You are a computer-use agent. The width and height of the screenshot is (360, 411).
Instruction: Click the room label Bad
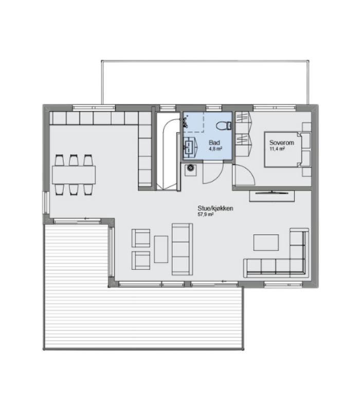[x=214, y=143]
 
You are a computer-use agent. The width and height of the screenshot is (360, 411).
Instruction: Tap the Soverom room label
[x=281, y=143]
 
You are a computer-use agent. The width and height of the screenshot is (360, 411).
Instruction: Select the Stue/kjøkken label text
[x=215, y=209]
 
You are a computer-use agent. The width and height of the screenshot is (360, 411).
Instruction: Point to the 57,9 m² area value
[x=205, y=214]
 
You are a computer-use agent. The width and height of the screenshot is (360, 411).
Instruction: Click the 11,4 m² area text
[x=277, y=149]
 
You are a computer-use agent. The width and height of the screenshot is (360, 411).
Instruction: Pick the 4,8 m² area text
[x=215, y=149]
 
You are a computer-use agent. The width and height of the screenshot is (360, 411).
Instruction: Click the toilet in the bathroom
[x=224, y=126]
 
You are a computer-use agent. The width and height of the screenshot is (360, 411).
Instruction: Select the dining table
[x=74, y=175]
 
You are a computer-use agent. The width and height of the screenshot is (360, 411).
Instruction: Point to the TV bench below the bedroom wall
[x=272, y=196]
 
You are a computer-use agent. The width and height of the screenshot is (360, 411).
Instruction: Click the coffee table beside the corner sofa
[x=266, y=242]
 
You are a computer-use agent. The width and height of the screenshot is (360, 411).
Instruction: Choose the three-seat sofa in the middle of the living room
[x=183, y=249]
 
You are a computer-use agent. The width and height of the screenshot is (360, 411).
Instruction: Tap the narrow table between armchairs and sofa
[x=161, y=249]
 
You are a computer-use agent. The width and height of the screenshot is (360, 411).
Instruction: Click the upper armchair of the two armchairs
[x=141, y=238]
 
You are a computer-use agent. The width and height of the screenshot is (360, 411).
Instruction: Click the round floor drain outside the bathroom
[x=191, y=168]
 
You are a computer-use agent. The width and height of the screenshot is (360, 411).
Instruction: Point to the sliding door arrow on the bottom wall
[x=224, y=281]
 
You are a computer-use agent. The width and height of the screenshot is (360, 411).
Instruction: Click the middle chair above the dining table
[x=74, y=160]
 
